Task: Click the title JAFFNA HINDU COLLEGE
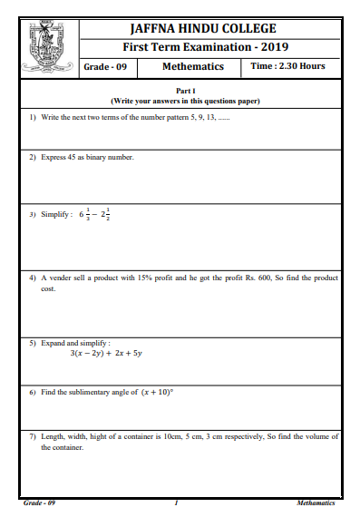pyautogui.click(x=209, y=28)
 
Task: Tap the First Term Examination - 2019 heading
pyautogui.click(x=209, y=47)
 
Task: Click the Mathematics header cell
pyautogui.click(x=191, y=67)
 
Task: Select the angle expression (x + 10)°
pyautogui.click(x=157, y=392)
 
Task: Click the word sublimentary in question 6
pyautogui.click(x=92, y=393)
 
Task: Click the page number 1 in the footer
pyautogui.click(x=176, y=502)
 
